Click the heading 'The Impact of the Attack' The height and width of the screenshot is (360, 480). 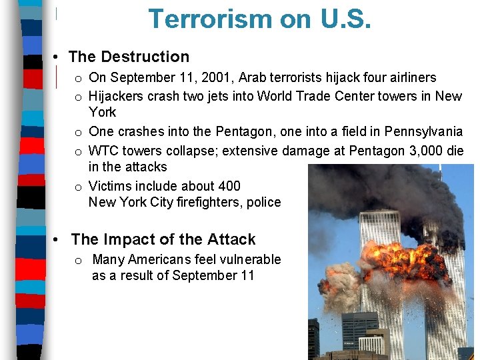click(163, 239)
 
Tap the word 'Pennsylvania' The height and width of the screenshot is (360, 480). click(421, 132)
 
